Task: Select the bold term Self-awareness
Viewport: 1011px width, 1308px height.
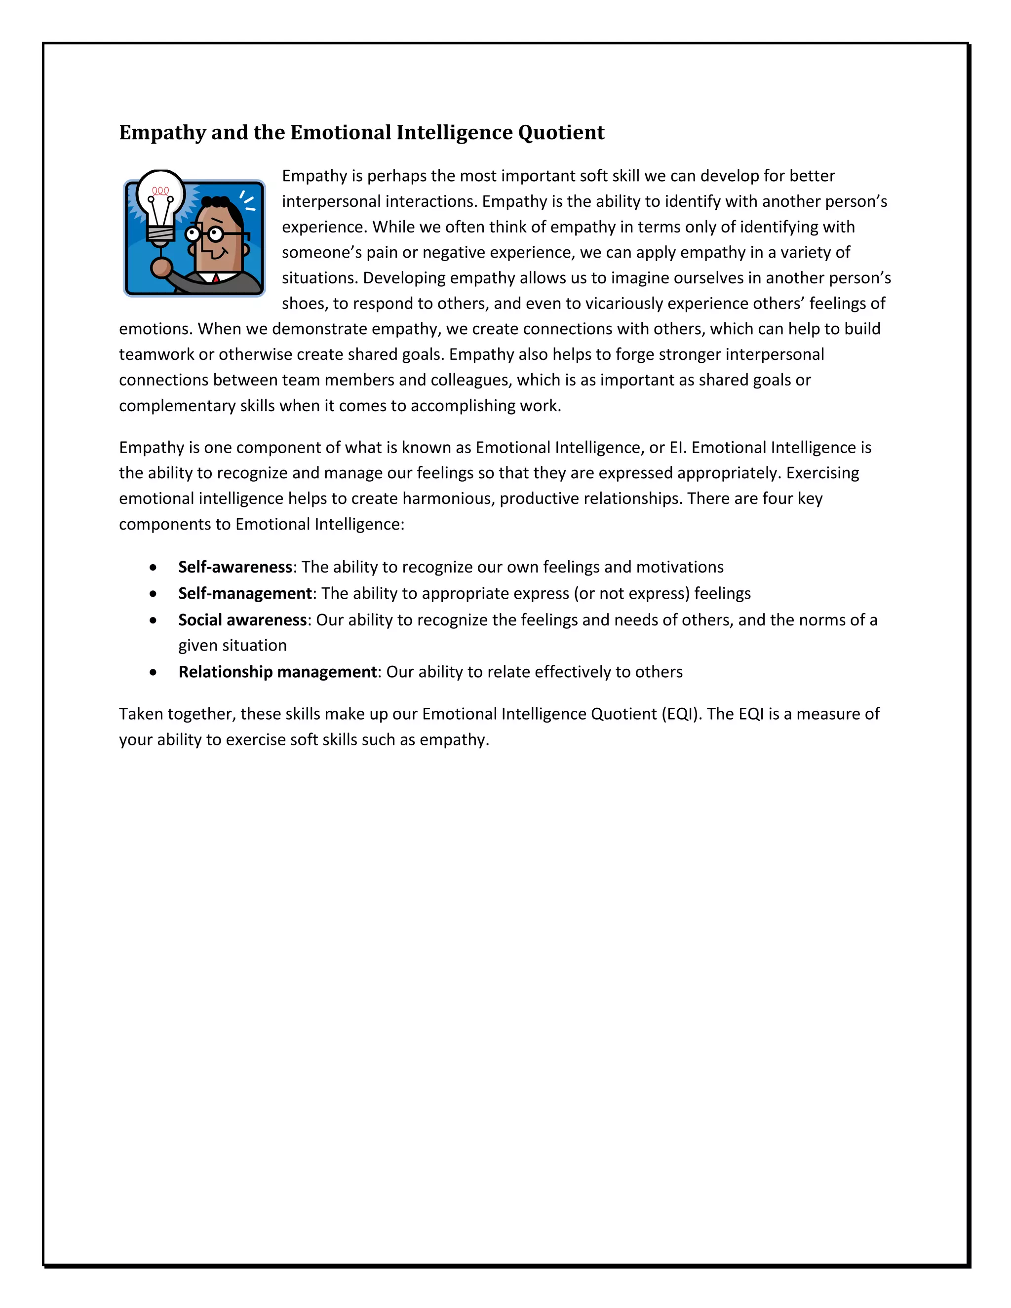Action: [x=235, y=567]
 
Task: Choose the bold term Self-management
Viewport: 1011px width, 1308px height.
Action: [x=245, y=593]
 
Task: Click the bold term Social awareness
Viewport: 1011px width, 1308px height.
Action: [x=242, y=619]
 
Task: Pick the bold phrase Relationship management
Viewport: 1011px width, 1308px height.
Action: [x=278, y=671]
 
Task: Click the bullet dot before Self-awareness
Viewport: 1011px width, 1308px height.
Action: [x=154, y=567]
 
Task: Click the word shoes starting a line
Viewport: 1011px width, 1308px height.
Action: [x=304, y=303]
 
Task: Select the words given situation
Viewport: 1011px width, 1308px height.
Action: [x=233, y=645]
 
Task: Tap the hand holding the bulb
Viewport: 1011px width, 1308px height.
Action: [x=161, y=266]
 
